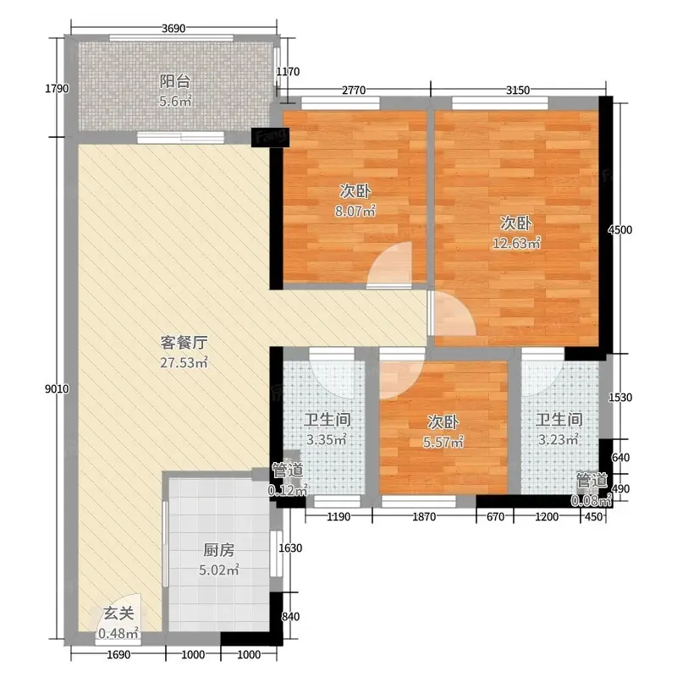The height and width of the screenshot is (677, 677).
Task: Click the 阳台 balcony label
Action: pos(175,81)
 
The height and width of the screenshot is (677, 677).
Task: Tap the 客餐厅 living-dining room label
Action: pos(184,343)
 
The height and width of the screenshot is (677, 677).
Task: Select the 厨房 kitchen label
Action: pos(219,550)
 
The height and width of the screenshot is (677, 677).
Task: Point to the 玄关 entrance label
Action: pos(118,613)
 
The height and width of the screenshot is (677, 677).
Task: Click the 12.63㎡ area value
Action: pos(516,244)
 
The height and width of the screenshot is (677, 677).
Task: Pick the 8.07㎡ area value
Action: pos(355,211)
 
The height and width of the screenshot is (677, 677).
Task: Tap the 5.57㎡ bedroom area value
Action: pos(443,442)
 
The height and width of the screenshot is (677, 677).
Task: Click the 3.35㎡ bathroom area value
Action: pos(327,439)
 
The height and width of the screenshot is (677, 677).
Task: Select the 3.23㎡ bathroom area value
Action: pos(559,439)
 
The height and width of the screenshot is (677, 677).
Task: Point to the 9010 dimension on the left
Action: pos(57,389)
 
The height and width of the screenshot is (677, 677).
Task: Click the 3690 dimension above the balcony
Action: pos(173,29)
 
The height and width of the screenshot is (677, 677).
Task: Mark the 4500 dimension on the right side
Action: pos(620,229)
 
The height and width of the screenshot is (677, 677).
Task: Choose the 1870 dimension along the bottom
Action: pos(424,517)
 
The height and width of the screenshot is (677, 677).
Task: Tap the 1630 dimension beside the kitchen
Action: pos(290,548)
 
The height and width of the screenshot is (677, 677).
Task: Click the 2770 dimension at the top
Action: pos(354,91)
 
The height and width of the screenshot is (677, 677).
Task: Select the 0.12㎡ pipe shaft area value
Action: pos(288,491)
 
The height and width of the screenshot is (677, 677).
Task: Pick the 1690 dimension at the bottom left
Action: pos(118,655)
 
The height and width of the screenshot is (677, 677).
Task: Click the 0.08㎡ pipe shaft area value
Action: pos(592,501)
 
